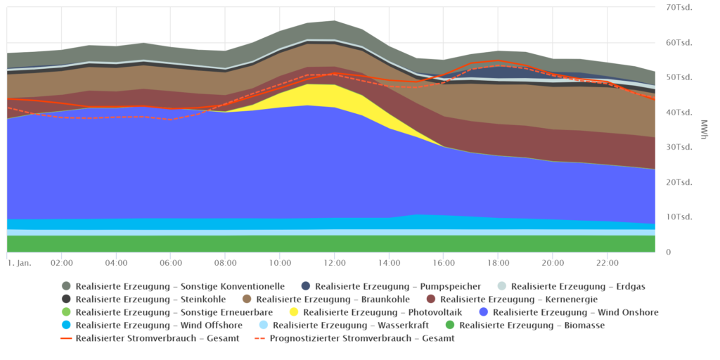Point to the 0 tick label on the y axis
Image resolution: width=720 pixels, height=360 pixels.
click(667, 252)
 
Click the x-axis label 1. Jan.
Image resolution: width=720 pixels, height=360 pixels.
click(20, 263)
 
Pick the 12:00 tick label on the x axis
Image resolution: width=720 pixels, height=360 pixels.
click(334, 263)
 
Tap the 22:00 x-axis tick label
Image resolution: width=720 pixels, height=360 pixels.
click(607, 263)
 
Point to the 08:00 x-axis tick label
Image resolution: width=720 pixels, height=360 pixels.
click(225, 263)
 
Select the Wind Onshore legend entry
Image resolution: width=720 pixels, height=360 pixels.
click(570, 312)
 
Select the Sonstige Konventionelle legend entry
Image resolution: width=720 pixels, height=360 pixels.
click(173, 286)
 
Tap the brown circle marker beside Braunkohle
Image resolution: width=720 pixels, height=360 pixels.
click(247, 300)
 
